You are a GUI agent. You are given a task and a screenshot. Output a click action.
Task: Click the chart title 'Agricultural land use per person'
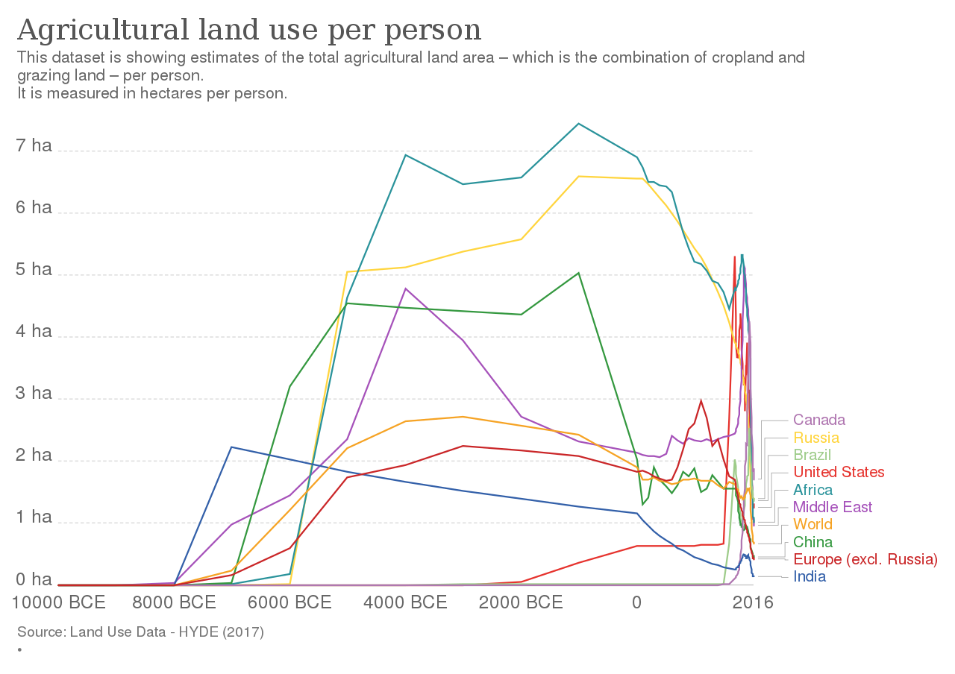pyautogui.click(x=249, y=31)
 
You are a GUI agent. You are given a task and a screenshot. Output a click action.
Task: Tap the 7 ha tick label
pyautogui.click(x=34, y=146)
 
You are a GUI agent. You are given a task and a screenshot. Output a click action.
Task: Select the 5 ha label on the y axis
pyautogui.click(x=34, y=270)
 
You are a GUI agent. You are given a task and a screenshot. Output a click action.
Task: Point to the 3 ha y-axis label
pyautogui.click(x=34, y=394)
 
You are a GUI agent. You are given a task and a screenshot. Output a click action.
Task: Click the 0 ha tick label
pyautogui.click(x=34, y=580)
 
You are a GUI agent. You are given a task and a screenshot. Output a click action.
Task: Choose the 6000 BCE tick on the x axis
pyautogui.click(x=289, y=602)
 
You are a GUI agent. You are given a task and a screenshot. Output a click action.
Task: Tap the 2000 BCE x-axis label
pyautogui.click(x=521, y=602)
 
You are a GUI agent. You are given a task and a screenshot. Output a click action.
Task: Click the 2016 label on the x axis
pyautogui.click(x=753, y=602)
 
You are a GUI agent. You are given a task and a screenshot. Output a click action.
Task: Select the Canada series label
pyautogui.click(x=819, y=421)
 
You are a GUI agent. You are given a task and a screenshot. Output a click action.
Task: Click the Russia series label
pyautogui.click(x=816, y=438)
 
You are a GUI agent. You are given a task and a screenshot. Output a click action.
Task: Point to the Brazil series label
pyautogui.click(x=812, y=455)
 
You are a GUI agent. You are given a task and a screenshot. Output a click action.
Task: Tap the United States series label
pyautogui.click(x=839, y=472)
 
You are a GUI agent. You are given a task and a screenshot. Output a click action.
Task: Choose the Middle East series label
pyautogui.click(x=833, y=507)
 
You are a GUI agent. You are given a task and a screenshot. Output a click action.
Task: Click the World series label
pyautogui.click(x=813, y=524)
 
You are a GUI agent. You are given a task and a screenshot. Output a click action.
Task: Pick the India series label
pyautogui.click(x=810, y=576)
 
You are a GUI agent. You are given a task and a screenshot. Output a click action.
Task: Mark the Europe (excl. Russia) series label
pyautogui.click(x=865, y=559)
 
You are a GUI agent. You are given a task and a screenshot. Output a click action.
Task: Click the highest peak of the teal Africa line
pyautogui.click(x=579, y=124)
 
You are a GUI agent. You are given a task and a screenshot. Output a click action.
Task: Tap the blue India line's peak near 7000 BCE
pyautogui.click(x=231, y=447)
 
